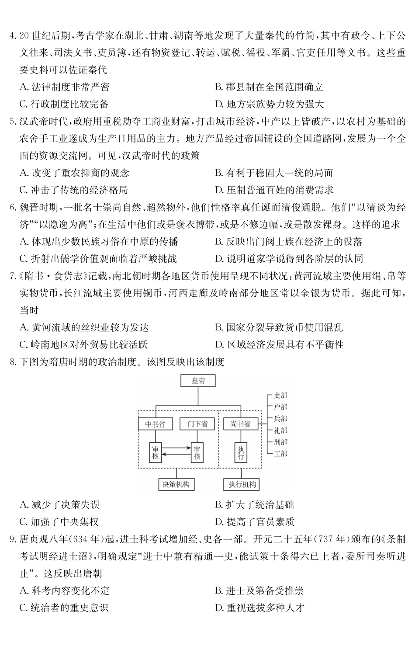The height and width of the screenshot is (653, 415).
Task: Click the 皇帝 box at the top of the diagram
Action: click(198, 381)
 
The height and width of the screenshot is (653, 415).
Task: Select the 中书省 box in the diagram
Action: click(155, 424)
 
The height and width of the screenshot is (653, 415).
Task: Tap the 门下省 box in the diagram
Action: click(197, 424)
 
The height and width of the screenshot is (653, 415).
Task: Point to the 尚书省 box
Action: click(240, 424)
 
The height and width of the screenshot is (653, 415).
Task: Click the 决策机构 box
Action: click(176, 484)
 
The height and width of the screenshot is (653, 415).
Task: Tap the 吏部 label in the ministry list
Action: click(280, 396)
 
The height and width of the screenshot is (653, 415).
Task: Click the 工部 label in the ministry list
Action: click(280, 454)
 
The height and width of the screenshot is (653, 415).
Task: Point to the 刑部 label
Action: click(280, 442)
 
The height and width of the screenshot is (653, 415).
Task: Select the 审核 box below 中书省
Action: click(155, 452)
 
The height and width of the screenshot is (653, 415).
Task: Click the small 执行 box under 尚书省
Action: click(241, 452)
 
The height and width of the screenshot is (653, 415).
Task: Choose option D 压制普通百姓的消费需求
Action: click(274, 190)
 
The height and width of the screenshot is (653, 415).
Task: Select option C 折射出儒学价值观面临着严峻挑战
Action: click(98, 259)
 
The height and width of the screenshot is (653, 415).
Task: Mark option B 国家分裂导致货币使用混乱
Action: click(279, 327)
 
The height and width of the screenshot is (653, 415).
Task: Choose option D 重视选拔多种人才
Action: click(259, 608)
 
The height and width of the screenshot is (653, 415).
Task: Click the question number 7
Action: click(12, 276)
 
